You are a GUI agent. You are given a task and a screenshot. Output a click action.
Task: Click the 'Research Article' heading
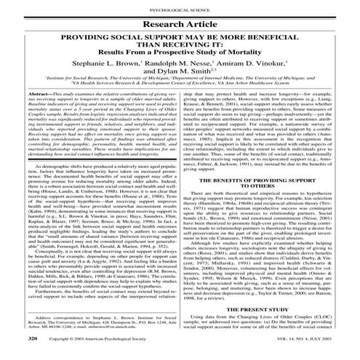point(179,23)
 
